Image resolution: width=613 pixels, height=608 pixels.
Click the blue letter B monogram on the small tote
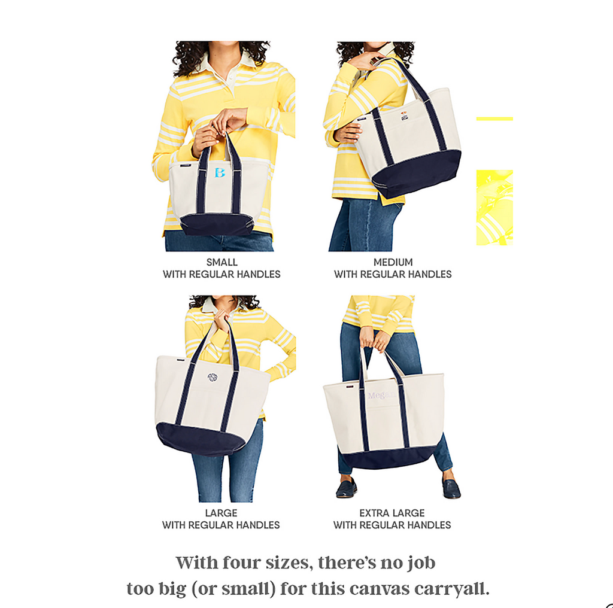pos(220,172)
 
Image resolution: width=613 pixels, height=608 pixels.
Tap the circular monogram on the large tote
pos(213,378)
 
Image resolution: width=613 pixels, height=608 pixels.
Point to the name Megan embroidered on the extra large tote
pos(381,396)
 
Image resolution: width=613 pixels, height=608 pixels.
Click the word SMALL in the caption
pos(222,262)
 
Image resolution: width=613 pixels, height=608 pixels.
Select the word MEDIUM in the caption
pos(393,262)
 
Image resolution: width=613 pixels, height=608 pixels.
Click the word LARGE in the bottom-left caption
pos(221,513)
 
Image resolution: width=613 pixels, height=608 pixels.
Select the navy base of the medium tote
pos(415,173)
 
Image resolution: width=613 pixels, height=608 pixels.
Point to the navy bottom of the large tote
pos(201,439)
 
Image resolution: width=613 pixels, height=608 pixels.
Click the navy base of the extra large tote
pos(389,458)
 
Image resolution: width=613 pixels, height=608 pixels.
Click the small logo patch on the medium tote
pos(405,115)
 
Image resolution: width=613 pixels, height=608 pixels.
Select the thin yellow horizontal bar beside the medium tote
pos(494,118)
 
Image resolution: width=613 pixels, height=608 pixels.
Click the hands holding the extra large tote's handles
pos(374,339)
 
